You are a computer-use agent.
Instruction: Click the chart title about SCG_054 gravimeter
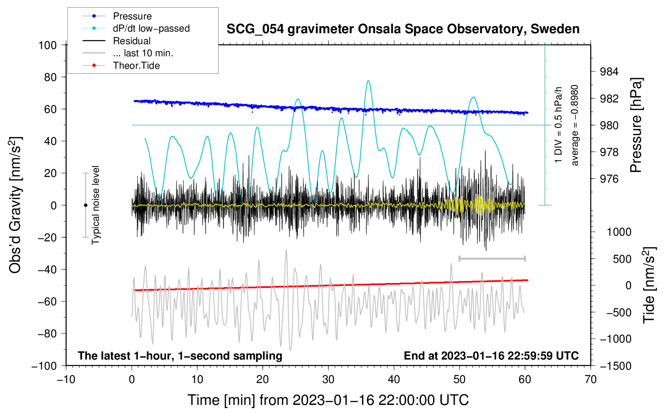(403, 29)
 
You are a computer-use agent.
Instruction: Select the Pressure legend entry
(132, 16)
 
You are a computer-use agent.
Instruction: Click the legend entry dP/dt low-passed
(151, 28)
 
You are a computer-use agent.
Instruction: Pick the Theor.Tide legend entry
(136, 66)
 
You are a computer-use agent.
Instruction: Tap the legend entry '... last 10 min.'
(143, 53)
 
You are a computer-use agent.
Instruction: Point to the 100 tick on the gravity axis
(47, 45)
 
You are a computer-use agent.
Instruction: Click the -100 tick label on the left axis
(44, 366)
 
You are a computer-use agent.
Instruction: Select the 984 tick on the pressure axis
(609, 72)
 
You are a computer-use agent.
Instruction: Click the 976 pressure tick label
(609, 179)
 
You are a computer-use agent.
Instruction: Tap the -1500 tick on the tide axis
(615, 366)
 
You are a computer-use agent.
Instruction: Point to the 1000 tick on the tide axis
(619, 232)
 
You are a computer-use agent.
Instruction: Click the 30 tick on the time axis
(328, 379)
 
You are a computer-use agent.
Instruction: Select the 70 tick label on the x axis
(591, 379)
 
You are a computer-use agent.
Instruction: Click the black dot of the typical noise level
(85, 205)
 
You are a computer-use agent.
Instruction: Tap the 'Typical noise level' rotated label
(96, 205)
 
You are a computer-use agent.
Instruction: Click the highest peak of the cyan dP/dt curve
(368, 81)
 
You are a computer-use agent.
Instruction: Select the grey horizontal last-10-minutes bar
(492, 258)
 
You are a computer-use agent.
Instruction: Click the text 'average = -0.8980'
(575, 125)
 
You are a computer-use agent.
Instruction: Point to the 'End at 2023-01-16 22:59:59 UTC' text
(491, 356)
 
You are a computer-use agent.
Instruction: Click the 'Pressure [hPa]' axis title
(636, 125)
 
